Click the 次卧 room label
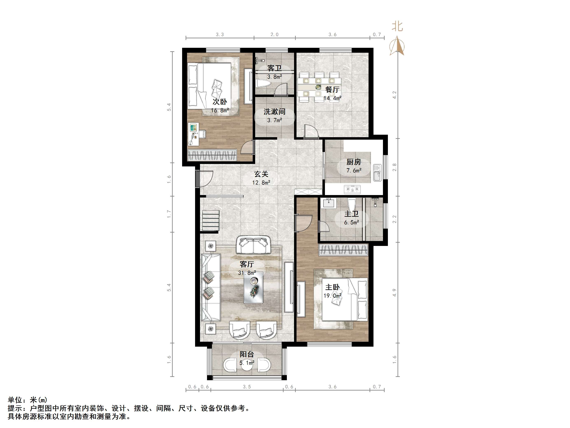[220, 102]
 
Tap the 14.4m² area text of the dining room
[332, 98]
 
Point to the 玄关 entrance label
[261, 174]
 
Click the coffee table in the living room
[254, 287]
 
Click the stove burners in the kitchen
[352, 189]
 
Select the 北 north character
[397, 26]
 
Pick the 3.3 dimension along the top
[220, 35]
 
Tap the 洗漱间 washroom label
[275, 112]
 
